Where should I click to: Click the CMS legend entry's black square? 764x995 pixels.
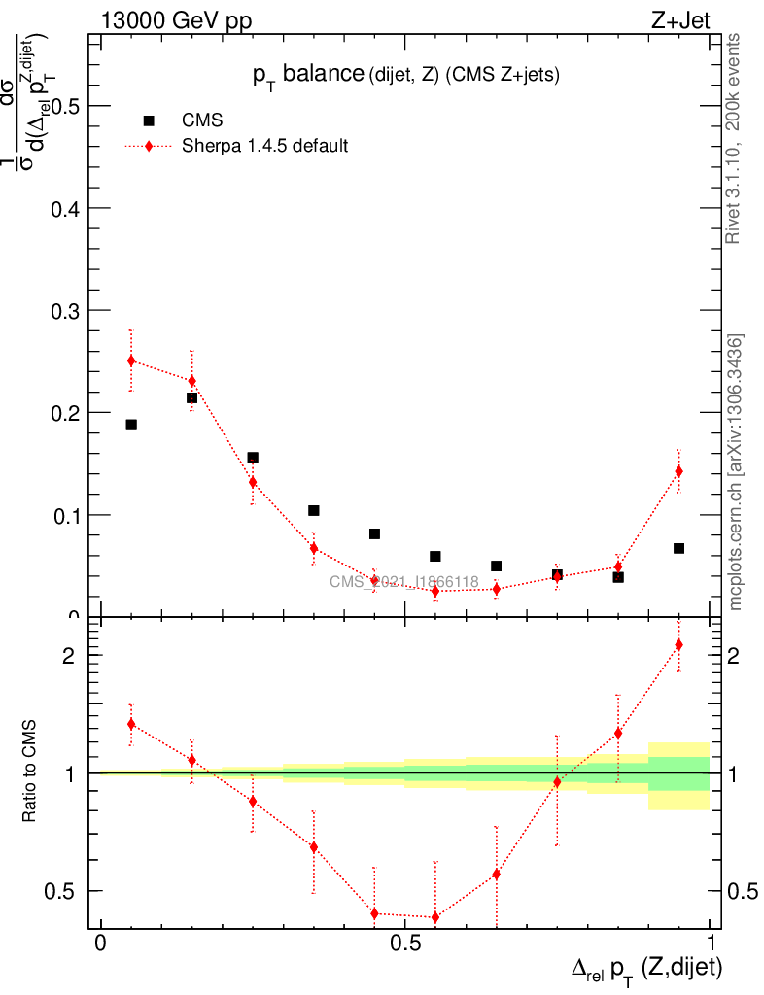pyautogui.click(x=149, y=120)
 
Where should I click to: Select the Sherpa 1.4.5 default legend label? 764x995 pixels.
pyautogui.click(x=265, y=147)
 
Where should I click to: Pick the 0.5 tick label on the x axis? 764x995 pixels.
pyautogui.click(x=404, y=944)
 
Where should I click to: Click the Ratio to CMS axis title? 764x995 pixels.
pyautogui.click(x=30, y=772)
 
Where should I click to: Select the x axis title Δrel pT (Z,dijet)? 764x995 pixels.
pyautogui.click(x=646, y=968)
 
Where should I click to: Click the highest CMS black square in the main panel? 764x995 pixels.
pyautogui.click(x=191, y=397)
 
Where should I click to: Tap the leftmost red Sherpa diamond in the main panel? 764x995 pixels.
pyautogui.click(x=131, y=360)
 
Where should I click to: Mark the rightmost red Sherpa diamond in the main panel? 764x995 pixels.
pyautogui.click(x=678, y=471)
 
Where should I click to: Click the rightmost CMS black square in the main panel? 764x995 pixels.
pyautogui.click(x=678, y=548)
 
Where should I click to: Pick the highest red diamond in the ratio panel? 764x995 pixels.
pyautogui.click(x=678, y=645)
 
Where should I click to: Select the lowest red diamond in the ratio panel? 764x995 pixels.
pyautogui.click(x=435, y=917)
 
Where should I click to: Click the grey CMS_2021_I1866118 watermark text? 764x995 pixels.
pyautogui.click(x=403, y=582)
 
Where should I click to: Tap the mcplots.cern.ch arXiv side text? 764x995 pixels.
pyautogui.click(x=736, y=472)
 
